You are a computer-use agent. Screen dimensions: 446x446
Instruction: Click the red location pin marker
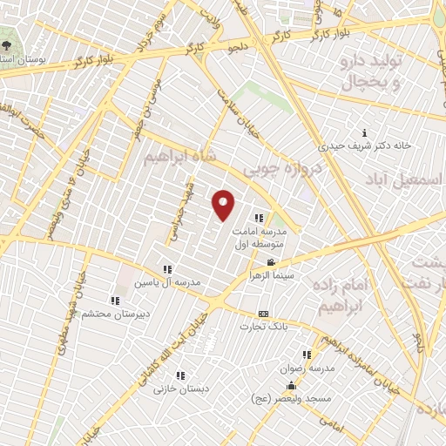tap(224, 204)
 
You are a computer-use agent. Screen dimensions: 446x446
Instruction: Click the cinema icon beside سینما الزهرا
tap(272, 263)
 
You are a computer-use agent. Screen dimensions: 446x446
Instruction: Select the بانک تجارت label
tap(262, 327)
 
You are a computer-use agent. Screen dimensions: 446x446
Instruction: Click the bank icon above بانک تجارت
tap(263, 314)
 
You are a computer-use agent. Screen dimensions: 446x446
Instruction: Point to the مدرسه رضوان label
tap(307, 368)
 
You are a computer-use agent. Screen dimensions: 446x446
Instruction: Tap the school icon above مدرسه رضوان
tap(306, 355)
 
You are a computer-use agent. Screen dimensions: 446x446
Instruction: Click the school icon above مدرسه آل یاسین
tap(167, 270)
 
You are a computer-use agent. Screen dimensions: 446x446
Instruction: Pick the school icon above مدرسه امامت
tap(259, 218)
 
